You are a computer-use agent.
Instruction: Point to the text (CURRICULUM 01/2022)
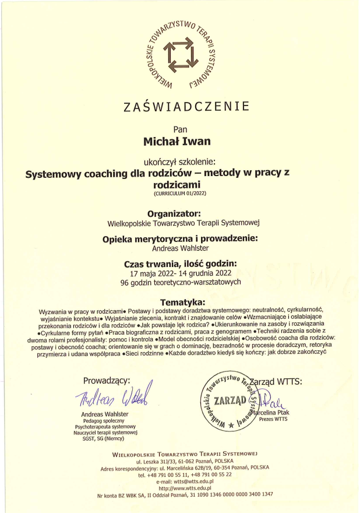click(x=179, y=192)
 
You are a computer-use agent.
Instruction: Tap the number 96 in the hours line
click(x=125, y=282)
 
